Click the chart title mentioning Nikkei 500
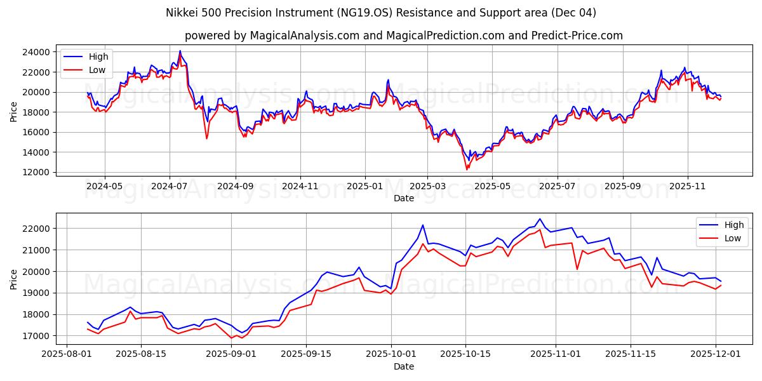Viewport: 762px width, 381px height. pos(381,13)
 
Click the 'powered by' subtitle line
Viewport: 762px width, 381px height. pos(404,36)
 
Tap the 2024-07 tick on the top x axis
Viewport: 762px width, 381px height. pos(170,186)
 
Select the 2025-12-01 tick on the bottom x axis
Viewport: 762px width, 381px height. pos(716,354)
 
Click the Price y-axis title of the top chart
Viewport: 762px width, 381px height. pos(14,112)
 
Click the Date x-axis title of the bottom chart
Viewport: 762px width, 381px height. pos(404,366)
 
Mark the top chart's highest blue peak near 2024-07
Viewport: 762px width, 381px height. pos(180,51)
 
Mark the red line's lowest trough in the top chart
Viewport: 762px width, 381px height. pos(467,170)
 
